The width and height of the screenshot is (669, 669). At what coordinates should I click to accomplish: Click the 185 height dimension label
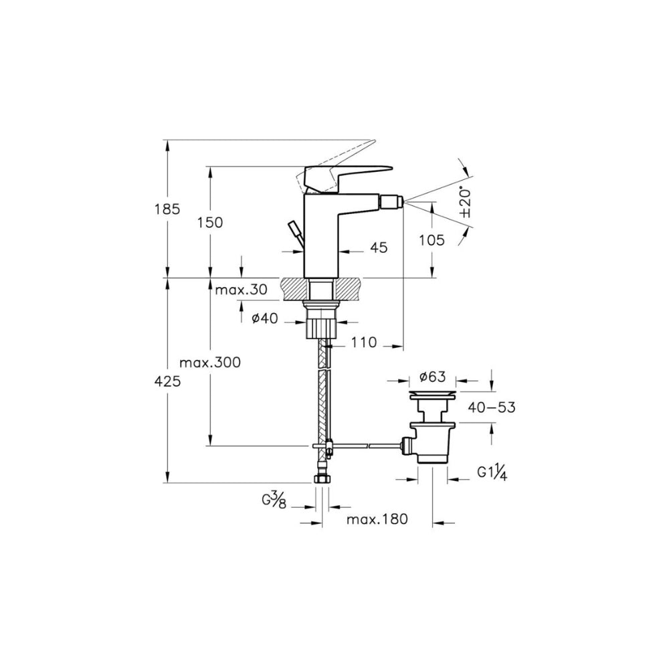pyautogui.click(x=167, y=209)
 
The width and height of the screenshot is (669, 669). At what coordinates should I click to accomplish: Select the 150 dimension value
pyautogui.click(x=210, y=222)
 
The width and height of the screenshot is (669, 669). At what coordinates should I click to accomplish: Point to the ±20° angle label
pyautogui.click(x=466, y=202)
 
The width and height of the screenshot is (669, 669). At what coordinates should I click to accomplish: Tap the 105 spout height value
pyautogui.click(x=432, y=240)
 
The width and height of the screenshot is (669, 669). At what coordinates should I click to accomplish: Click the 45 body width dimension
pyautogui.click(x=379, y=247)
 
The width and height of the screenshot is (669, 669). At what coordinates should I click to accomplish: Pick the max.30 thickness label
pyautogui.click(x=241, y=290)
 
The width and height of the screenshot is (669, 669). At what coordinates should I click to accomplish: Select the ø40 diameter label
pyautogui.click(x=264, y=318)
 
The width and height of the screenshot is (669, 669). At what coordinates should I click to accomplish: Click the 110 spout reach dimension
pyautogui.click(x=364, y=342)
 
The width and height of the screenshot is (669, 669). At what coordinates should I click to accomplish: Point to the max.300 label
pyautogui.click(x=210, y=363)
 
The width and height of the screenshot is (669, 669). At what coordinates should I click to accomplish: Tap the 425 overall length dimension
pyautogui.click(x=167, y=381)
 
